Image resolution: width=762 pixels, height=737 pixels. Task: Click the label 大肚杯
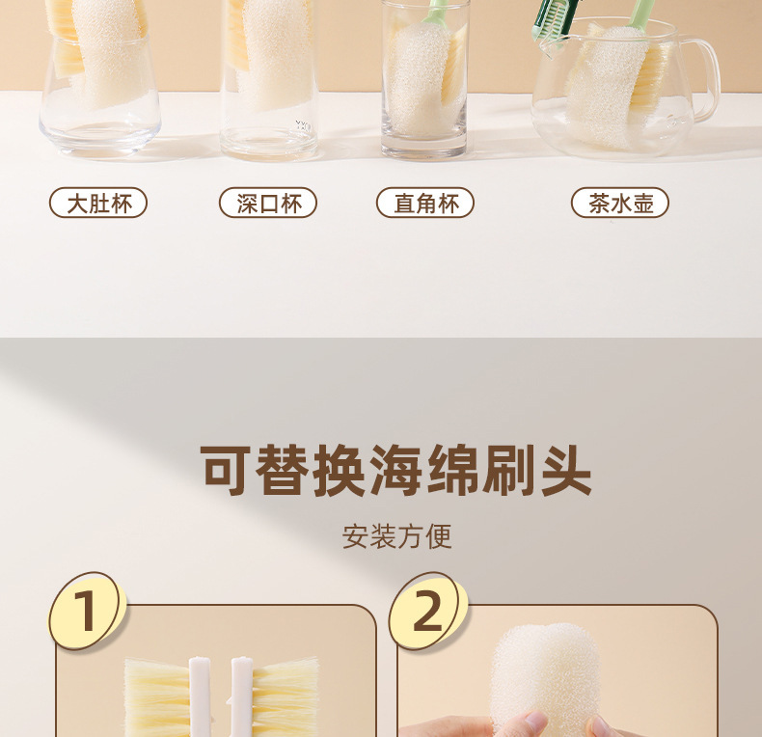pyautogui.click(x=98, y=203)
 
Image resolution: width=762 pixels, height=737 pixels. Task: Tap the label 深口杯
pyautogui.click(x=268, y=203)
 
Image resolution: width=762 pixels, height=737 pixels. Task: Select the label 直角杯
pyautogui.click(x=425, y=203)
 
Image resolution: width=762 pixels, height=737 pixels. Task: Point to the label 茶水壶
pyautogui.click(x=620, y=203)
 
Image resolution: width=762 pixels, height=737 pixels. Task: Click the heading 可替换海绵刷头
pyautogui.click(x=396, y=470)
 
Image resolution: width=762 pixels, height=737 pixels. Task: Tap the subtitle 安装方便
pyautogui.click(x=397, y=536)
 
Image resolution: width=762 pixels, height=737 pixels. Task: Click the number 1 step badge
pyautogui.click(x=87, y=611)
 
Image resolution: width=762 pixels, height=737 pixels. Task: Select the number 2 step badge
pyautogui.click(x=428, y=611)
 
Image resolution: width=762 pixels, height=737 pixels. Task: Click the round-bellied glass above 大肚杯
pyautogui.click(x=99, y=78)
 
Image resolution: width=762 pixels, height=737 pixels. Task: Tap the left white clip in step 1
pyautogui.click(x=200, y=696)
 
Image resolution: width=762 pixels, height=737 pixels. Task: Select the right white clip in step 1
pyautogui.click(x=241, y=696)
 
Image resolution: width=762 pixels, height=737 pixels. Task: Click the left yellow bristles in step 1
pyautogui.click(x=157, y=697)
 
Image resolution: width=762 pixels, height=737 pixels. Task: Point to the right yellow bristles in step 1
pyautogui.click(x=286, y=697)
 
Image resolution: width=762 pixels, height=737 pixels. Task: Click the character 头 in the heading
pyautogui.click(x=565, y=470)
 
